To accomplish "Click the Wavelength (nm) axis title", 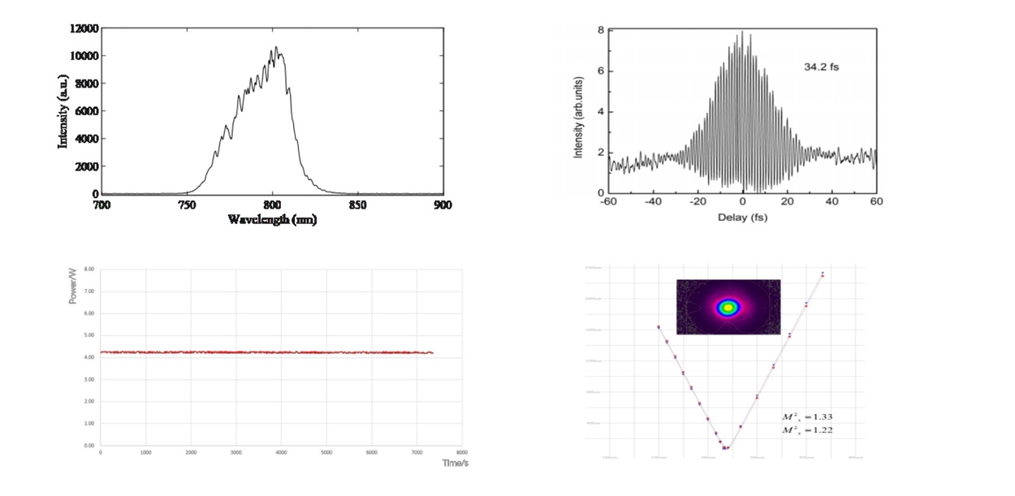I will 272,220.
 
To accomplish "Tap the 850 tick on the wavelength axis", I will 356,205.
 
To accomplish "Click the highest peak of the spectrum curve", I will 276,47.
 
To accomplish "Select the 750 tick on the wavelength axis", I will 187,205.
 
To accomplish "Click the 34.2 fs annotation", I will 822,67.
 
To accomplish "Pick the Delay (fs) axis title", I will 742,218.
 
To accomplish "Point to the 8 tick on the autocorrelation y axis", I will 600,30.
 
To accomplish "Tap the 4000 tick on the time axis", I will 281,452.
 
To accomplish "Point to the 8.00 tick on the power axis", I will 89,269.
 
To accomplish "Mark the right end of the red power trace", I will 433,353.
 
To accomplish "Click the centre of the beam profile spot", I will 728,307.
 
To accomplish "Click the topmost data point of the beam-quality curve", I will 823,274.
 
